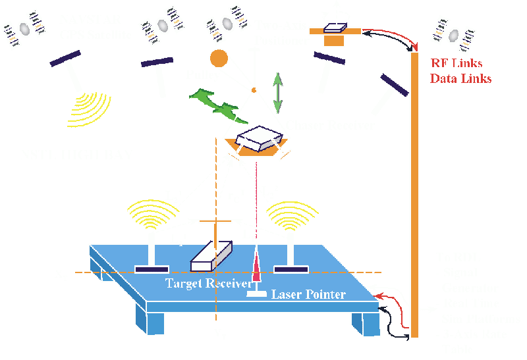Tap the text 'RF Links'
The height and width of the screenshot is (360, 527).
(x=457, y=64)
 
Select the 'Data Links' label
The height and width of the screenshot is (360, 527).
(x=460, y=78)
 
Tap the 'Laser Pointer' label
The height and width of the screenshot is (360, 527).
(x=308, y=294)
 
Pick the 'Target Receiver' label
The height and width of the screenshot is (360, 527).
(x=206, y=282)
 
